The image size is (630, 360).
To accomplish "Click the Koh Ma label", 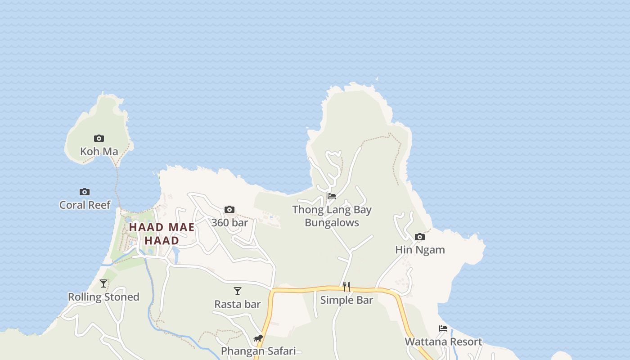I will pos(99,151).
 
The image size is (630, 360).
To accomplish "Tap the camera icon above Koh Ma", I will pos(99,138).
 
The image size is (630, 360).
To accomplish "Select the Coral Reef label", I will pos(85,205).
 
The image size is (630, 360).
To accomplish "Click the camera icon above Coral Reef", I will pos(85,192).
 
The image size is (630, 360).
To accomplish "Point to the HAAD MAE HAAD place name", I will pos(162,234).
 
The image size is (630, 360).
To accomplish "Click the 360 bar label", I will pos(229,222).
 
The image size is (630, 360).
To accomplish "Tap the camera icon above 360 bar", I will pos(229,209).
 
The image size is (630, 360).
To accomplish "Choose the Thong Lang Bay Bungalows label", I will pos(332,216).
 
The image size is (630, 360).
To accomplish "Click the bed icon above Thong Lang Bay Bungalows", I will pos(332,196).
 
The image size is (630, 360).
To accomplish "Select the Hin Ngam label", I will pos(420,250).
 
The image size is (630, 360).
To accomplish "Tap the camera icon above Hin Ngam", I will pos(420,237).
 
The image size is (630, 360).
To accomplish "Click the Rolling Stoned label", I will pos(103,297).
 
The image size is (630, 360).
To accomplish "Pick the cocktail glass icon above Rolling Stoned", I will pos(103,283).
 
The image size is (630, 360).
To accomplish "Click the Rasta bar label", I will pos(238,304).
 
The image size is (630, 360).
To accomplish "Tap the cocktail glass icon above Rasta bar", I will pos(238,291).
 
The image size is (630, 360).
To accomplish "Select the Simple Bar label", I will pos(346,300).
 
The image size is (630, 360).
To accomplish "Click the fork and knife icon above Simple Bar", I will pos(346,287).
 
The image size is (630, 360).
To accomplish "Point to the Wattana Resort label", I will pos(443,342).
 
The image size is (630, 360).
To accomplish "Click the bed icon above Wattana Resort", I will pos(443,328).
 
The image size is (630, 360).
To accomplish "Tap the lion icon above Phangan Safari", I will pos(258,338).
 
